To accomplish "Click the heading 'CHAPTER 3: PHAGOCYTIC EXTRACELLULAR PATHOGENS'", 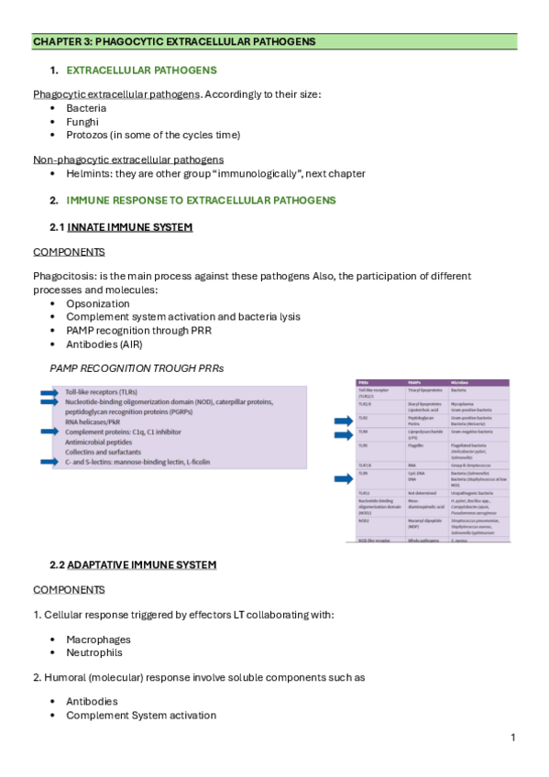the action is pyautogui.click(x=174, y=41).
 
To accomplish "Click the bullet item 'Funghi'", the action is pyautogui.click(x=82, y=121).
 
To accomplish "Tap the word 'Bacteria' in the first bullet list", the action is pyautogui.click(x=86, y=108).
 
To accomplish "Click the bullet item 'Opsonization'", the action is pyautogui.click(x=98, y=303).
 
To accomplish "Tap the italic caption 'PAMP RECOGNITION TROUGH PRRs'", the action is pyautogui.click(x=137, y=367).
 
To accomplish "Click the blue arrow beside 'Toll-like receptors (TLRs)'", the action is pyautogui.click(x=47, y=391).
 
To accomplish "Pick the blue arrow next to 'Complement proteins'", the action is pyautogui.click(x=47, y=432).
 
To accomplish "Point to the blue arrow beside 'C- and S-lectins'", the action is pyautogui.click(x=47, y=462).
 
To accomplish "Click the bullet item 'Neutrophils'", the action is pyautogui.click(x=94, y=652).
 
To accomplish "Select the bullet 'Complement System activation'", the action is pyautogui.click(x=141, y=715).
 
